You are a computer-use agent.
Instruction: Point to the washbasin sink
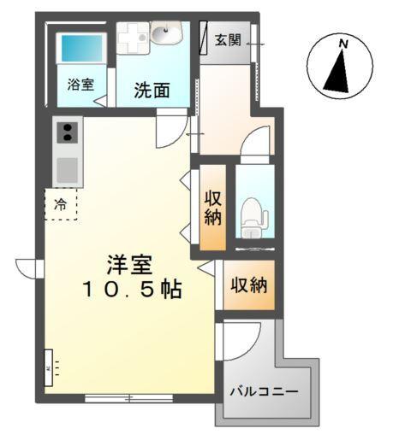pyautogui.click(x=167, y=34)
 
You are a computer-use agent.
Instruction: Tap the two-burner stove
pyautogui.click(x=68, y=132)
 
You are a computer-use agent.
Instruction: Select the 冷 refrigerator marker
pyautogui.click(x=60, y=204)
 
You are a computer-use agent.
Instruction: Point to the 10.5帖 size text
pyautogui.click(x=132, y=290)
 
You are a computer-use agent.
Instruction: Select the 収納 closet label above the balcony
pyautogui.click(x=249, y=285)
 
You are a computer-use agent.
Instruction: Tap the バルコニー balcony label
pyautogui.click(x=264, y=391)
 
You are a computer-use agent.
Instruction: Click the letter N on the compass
pyautogui.click(x=342, y=43)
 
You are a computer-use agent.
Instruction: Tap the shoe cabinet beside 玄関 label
pyautogui.click(x=205, y=40)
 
